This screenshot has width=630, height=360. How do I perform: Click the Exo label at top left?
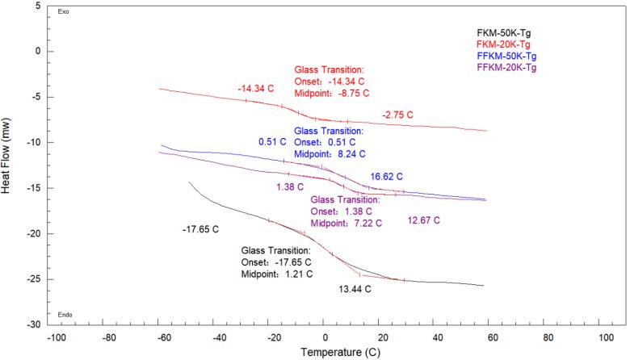64,12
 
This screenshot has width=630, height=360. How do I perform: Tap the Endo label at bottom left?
65,315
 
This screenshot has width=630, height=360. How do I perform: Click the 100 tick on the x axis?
603,334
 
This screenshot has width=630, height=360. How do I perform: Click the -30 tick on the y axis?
34,324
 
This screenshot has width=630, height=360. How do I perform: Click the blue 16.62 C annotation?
386,176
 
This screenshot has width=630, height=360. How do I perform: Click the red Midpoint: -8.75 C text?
331,93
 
